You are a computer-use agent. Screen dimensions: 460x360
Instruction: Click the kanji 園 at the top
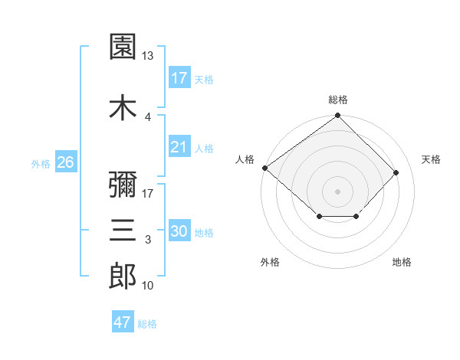pyautogui.click(x=123, y=46)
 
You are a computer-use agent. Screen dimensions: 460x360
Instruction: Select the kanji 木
pyautogui.click(x=123, y=107)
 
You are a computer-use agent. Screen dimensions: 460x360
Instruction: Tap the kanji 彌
pyautogui.click(x=123, y=185)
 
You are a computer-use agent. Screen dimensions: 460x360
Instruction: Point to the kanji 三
pyautogui.click(x=123, y=230)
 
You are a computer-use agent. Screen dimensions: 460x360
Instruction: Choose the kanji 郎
pyautogui.click(x=123, y=276)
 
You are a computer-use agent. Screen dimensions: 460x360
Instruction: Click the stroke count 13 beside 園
pyautogui.click(x=147, y=56)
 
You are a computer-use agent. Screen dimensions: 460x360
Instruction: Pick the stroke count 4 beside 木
pyautogui.click(x=148, y=117)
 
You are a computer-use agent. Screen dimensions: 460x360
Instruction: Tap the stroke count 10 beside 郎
pyautogui.click(x=147, y=285)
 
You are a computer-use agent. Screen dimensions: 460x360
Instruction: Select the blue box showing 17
pyautogui.click(x=179, y=77)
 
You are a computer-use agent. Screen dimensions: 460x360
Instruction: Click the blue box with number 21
pyautogui.click(x=179, y=146)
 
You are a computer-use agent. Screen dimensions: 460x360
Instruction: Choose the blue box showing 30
pyautogui.click(x=179, y=230)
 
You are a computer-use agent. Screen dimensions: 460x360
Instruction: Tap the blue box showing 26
pyautogui.click(x=66, y=162)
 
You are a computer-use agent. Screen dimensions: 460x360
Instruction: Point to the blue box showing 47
pyautogui.click(x=123, y=321)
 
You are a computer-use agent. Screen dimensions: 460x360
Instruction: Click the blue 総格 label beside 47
pyautogui.click(x=147, y=324)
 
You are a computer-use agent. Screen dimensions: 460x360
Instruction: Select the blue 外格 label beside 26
pyautogui.click(x=41, y=164)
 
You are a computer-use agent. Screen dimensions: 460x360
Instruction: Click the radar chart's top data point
pyautogui.click(x=337, y=115)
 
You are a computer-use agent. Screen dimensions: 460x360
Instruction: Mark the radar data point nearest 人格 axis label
pyautogui.click(x=265, y=168)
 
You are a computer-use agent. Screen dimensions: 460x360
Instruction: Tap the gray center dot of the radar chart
pyautogui.click(x=337, y=191)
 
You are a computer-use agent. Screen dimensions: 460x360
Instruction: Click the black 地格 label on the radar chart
pyautogui.click(x=402, y=262)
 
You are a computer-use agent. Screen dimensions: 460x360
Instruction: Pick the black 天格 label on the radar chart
pyautogui.click(x=431, y=159)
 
